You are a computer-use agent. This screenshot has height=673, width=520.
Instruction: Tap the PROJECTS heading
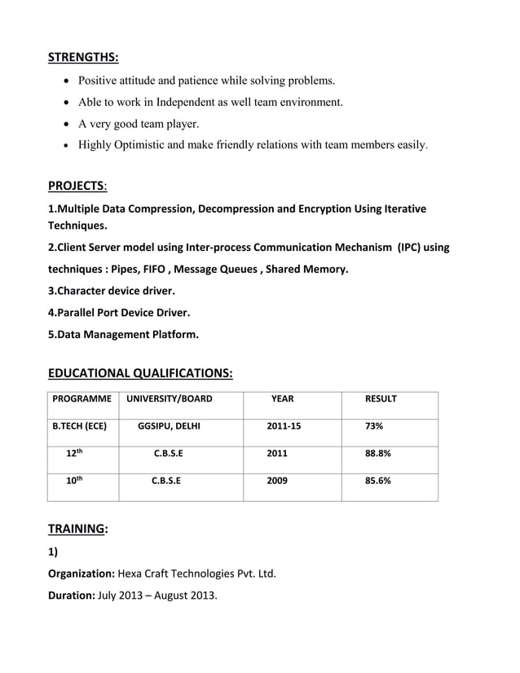tap(77, 186)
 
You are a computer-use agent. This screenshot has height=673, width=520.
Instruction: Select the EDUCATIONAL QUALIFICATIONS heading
tap(140, 373)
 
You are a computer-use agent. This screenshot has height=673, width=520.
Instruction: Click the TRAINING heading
tap(77, 528)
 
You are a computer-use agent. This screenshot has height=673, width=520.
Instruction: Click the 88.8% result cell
tap(378, 454)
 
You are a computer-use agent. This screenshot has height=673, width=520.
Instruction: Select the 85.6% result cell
tap(378, 481)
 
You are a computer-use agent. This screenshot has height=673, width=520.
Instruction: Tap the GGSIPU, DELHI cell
tap(169, 426)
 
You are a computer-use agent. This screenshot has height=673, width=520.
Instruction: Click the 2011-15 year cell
tap(284, 426)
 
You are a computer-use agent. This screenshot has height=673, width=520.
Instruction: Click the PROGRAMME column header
tap(82, 399)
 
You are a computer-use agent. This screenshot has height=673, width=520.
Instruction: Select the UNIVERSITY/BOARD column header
tap(168, 399)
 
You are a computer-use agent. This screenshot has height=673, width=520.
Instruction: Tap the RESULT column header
tap(381, 399)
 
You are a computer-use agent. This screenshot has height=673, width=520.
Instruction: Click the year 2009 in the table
tap(277, 481)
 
